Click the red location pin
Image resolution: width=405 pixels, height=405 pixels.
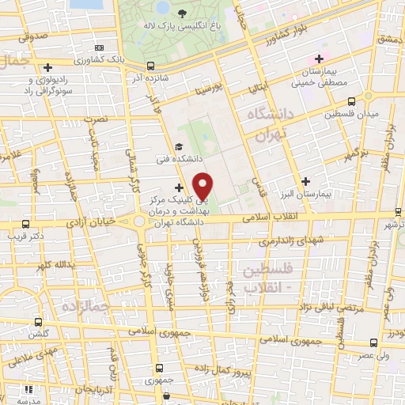pyautogui.click(x=204, y=186)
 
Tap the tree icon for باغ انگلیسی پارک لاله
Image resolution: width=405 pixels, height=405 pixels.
pyautogui.click(x=183, y=13)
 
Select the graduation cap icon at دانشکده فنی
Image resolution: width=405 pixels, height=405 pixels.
pyautogui.click(x=180, y=147)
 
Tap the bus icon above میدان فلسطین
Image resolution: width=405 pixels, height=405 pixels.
pyautogui.click(x=351, y=101)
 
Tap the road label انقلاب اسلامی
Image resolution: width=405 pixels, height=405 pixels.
pyautogui.click(x=271, y=215)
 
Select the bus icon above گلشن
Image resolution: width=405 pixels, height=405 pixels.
pyautogui.click(x=39, y=322)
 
